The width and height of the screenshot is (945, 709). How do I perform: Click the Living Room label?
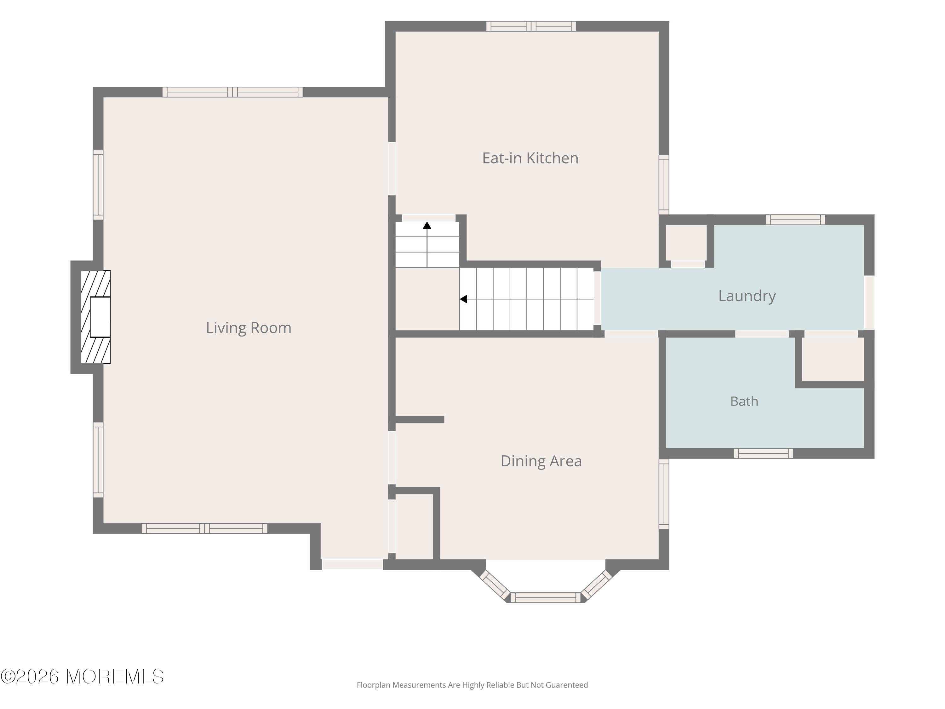(x=249, y=328)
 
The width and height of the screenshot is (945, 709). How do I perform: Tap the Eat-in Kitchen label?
(x=530, y=158)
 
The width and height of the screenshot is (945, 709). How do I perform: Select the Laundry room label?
(x=747, y=296)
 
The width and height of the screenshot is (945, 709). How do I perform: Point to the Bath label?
(x=744, y=401)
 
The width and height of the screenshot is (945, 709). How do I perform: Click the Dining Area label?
(x=541, y=461)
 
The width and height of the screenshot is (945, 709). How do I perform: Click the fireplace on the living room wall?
(x=96, y=317)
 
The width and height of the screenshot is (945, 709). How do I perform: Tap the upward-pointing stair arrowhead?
(x=427, y=225)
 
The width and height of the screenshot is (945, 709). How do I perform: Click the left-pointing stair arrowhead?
(x=463, y=299)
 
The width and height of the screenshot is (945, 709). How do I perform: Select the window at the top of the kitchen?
(x=531, y=26)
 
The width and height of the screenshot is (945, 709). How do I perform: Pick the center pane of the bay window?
(x=546, y=597)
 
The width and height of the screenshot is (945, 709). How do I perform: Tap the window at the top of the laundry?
(x=795, y=220)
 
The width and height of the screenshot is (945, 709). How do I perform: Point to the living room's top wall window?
(x=232, y=92)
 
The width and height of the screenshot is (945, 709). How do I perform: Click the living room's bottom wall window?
(x=205, y=528)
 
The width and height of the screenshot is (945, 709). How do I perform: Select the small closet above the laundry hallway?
(x=686, y=243)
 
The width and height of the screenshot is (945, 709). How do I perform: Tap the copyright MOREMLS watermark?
(x=83, y=677)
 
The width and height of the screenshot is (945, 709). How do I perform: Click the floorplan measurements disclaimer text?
(x=472, y=685)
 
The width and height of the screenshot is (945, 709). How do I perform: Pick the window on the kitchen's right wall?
(x=664, y=185)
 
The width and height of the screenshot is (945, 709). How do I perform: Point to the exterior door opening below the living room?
(x=352, y=565)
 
